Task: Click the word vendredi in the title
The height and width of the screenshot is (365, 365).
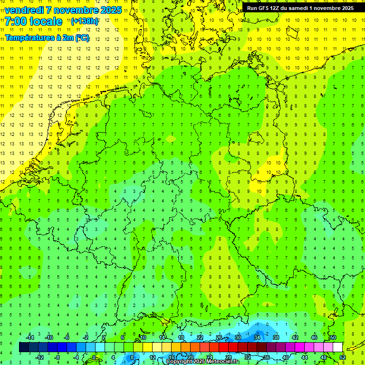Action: pyautogui.click(x=24, y=10)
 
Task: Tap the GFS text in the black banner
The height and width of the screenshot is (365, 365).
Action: pyautogui.click(x=264, y=8)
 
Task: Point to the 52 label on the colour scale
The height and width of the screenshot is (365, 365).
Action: pyautogui.click(x=342, y=357)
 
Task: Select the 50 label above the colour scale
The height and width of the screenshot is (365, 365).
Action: pyautogui.click(x=333, y=337)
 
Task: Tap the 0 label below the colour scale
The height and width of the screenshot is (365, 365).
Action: pyautogui.click(x=94, y=357)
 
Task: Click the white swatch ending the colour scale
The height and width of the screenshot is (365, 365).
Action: pyautogui.click(x=337, y=347)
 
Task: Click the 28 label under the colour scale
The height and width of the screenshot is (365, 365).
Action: pyautogui.click(x=228, y=357)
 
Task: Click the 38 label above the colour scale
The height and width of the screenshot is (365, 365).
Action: pyautogui.click(x=276, y=337)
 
